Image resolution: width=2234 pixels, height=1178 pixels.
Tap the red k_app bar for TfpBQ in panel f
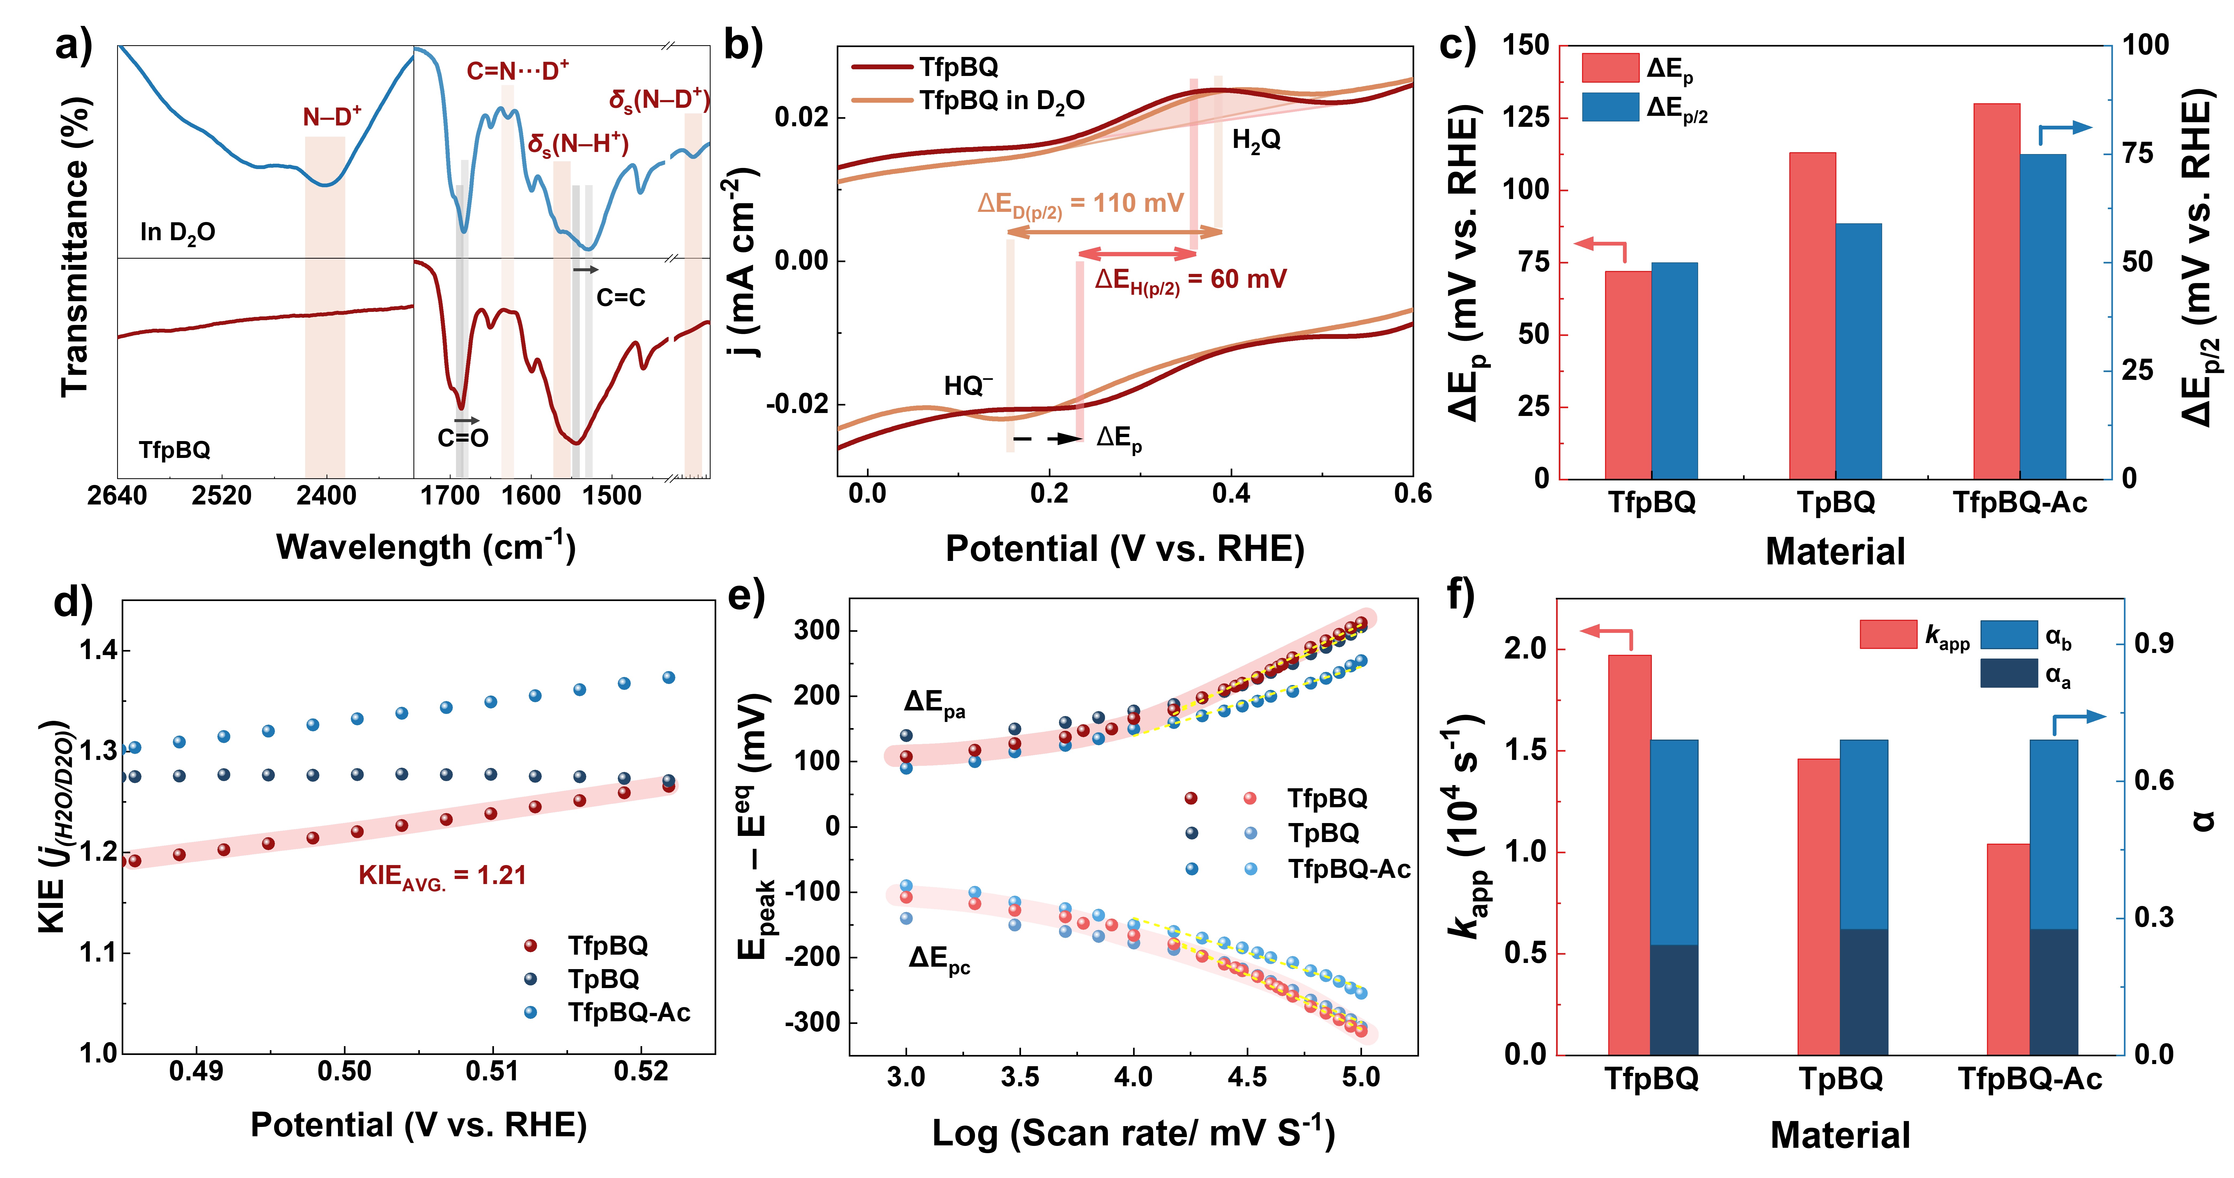point(1629,854)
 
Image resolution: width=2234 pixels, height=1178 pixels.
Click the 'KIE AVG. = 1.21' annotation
point(442,876)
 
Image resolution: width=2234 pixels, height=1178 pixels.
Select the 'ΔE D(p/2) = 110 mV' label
point(1080,205)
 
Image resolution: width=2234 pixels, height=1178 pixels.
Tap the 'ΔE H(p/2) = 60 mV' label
point(1190,279)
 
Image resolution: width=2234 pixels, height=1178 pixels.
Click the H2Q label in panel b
point(1256,140)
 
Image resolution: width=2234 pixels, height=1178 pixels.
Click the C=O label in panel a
point(462,438)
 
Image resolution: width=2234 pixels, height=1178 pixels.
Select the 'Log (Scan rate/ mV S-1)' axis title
point(1133,1133)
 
